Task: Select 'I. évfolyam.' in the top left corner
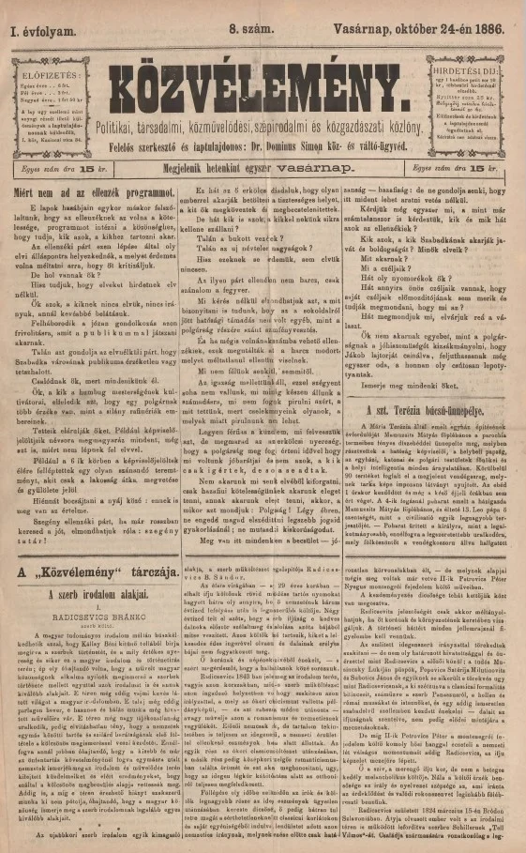click(43, 30)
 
